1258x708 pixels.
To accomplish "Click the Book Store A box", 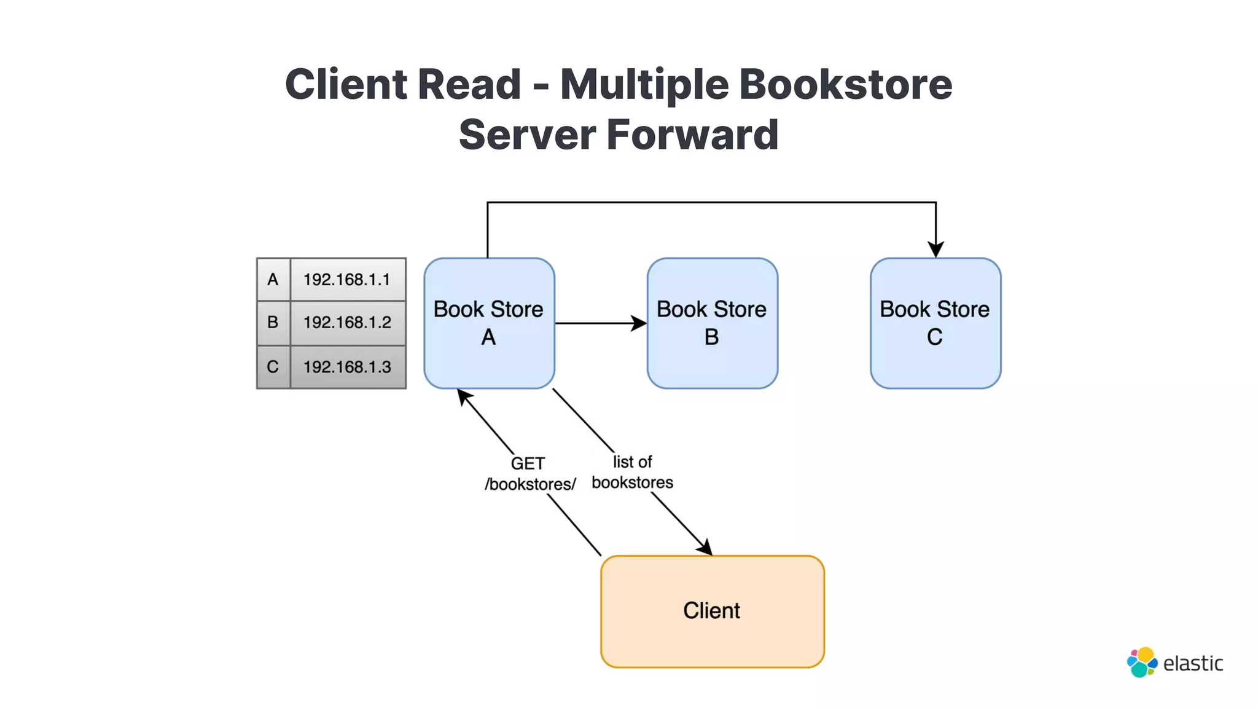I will coord(489,323).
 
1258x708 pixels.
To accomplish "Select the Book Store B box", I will coord(712,323).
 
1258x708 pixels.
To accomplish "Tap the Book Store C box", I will coord(935,323).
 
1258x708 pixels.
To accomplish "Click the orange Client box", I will coord(712,611).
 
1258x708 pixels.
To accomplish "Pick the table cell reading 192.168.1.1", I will coord(347,280).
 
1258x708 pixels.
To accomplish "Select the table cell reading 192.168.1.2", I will coord(347,323).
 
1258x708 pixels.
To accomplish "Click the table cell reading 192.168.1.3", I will coord(347,367).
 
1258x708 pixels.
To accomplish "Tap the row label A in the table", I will coord(273,280).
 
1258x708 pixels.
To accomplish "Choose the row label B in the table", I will coord(273,323).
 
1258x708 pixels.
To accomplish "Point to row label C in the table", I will coord(273,367).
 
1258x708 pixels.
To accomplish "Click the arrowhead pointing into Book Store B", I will coord(639,323).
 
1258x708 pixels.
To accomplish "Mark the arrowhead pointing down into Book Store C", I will coord(936,249).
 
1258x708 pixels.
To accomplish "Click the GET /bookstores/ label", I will coord(529,474).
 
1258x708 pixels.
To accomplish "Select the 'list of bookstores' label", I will coord(632,472).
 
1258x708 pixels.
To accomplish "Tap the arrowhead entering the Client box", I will coord(705,548).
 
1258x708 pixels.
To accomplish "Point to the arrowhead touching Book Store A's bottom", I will coord(464,396).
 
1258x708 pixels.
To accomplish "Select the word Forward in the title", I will coord(692,135).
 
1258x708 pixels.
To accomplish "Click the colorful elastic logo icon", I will coord(1142,663).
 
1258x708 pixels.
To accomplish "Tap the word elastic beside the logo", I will coord(1193,664).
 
